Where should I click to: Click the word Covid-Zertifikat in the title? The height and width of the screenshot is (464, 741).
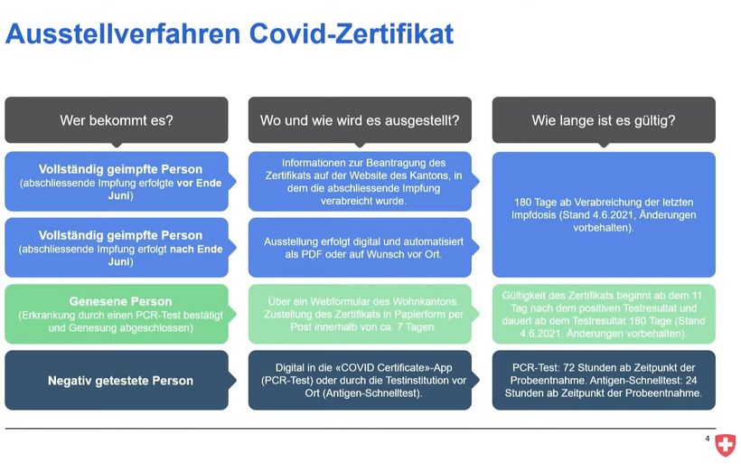pos(352,33)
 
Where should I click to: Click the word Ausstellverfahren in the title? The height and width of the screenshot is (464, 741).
pos(123,33)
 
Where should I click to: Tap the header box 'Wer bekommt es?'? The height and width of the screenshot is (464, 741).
pos(117,120)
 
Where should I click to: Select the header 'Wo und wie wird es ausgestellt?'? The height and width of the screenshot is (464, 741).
pos(360,120)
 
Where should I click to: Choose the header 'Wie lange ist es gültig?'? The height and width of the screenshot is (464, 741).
pos(604,120)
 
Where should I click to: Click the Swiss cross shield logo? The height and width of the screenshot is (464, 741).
pos(725,445)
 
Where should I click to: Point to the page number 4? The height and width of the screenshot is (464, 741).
pos(707,439)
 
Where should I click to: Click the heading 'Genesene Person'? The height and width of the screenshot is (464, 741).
pos(120,301)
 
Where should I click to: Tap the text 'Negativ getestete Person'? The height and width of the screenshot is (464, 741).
pos(120,381)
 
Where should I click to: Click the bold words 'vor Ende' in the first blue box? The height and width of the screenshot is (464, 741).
pos(199,183)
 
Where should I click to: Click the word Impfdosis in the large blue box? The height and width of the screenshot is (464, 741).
pos(533,215)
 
